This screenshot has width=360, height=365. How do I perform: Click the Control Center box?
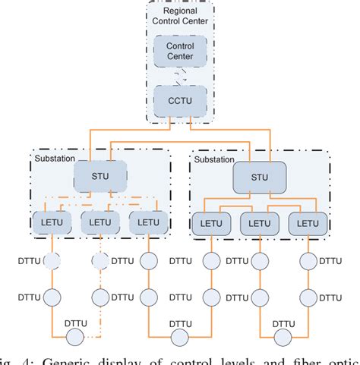(180, 52)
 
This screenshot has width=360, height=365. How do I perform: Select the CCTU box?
(180, 99)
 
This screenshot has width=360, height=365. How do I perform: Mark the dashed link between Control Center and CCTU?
(180, 76)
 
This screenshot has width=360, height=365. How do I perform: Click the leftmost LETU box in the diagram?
(51, 222)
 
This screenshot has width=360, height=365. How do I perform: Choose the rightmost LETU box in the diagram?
(308, 222)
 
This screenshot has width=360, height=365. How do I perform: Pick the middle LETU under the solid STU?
(258, 222)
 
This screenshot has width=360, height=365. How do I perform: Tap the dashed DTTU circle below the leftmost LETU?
(51, 261)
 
